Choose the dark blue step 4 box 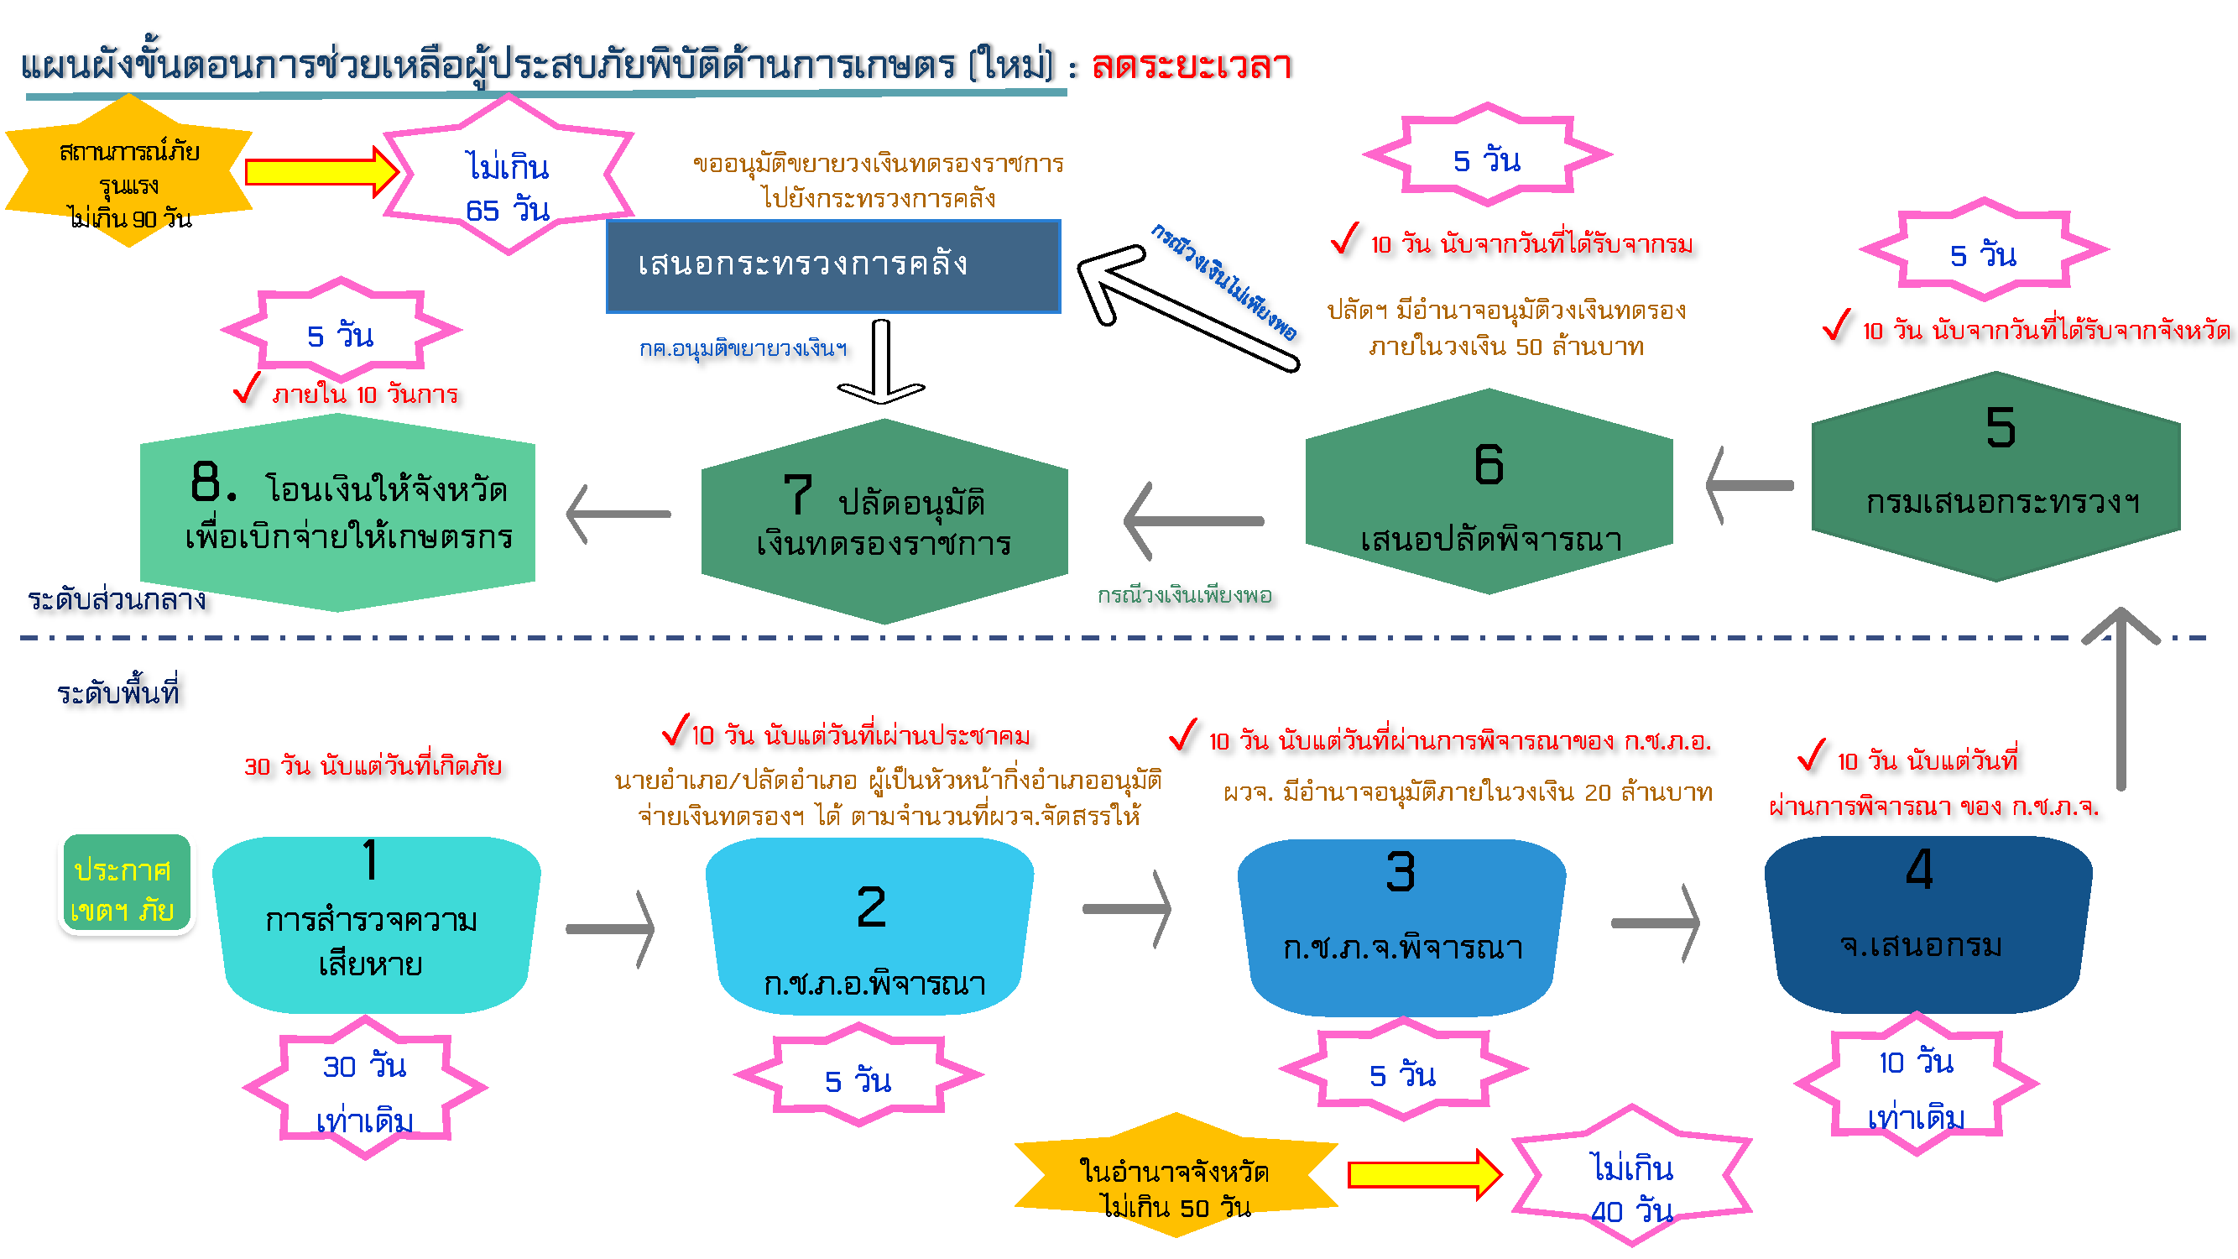coord(1927,924)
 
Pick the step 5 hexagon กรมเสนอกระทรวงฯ coord(1995,478)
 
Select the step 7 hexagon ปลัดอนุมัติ coord(884,521)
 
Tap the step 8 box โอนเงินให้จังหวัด coord(338,513)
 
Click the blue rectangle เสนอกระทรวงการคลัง coord(833,266)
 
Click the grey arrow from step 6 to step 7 coord(1192,521)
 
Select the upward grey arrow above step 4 coord(2121,695)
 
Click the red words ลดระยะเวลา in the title coord(1191,66)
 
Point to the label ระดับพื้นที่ coord(118,692)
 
